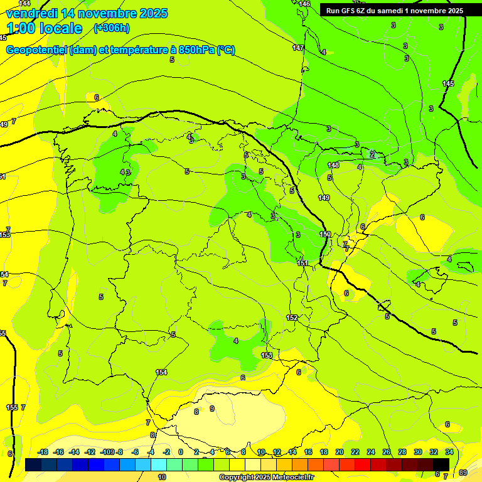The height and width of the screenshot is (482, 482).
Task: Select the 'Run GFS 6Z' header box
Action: click(395, 11)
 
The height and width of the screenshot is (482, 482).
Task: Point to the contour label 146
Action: click(304, 4)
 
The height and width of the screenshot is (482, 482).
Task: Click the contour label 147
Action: click(298, 48)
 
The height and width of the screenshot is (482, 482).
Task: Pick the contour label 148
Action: click(333, 166)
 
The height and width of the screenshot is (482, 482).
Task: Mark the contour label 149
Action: click(324, 198)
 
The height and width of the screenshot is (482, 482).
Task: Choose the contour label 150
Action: click(325, 234)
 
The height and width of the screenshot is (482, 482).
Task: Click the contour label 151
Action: click(303, 264)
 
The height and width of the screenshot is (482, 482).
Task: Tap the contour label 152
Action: click(292, 318)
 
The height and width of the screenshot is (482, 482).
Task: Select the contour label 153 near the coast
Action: click(267, 356)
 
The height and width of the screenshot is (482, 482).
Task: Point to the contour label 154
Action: click(161, 373)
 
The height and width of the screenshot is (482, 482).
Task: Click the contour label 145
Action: click(448, 84)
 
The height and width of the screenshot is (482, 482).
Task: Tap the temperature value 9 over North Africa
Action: click(212, 409)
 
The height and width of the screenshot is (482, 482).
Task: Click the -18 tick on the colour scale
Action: click(43, 453)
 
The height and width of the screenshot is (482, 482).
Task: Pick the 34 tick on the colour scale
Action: click(449, 453)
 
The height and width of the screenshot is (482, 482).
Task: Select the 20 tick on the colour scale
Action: click(340, 453)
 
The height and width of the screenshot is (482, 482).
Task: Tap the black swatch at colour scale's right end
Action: click(442, 464)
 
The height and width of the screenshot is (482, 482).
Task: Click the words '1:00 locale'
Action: click(45, 28)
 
